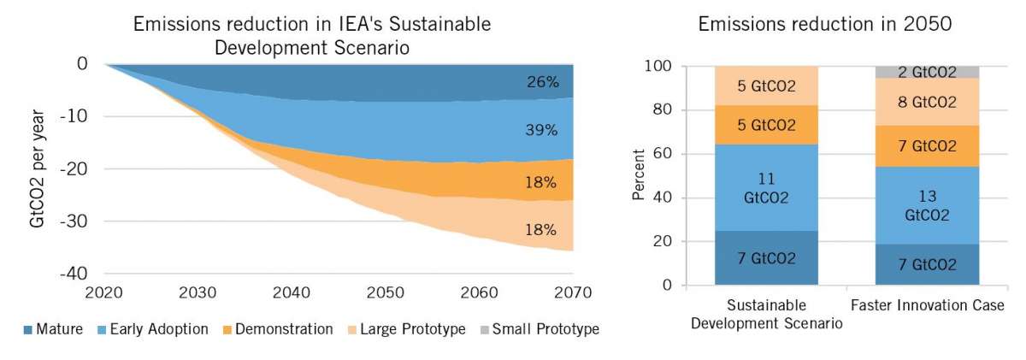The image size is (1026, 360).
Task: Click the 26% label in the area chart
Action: tap(542, 83)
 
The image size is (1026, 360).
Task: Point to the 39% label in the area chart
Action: tap(542, 131)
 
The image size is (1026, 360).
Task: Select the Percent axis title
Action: tap(639, 176)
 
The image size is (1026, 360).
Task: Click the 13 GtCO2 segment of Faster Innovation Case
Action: tap(928, 205)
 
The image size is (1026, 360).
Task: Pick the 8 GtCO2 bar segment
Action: tap(928, 102)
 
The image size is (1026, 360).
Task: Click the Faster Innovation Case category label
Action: tap(928, 305)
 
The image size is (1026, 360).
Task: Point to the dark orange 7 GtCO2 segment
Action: tap(928, 145)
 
